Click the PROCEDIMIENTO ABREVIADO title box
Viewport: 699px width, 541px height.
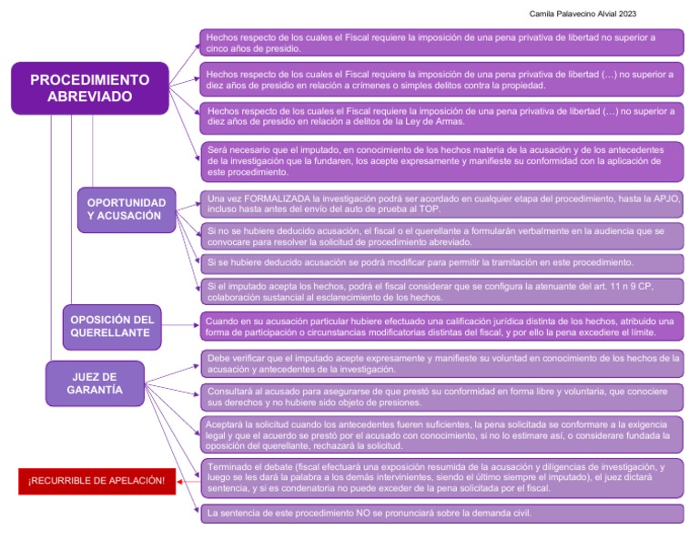pos(89,87)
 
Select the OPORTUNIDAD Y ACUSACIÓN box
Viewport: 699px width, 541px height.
pos(127,209)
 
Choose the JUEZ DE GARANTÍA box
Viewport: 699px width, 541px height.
pos(95,383)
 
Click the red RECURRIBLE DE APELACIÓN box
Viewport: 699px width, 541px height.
pos(96,480)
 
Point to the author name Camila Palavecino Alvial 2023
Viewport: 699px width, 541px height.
pos(582,14)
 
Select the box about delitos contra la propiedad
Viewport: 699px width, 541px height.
pos(441,80)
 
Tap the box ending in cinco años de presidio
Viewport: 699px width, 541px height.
pos(441,42)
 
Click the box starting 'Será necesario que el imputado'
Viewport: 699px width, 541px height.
pos(441,160)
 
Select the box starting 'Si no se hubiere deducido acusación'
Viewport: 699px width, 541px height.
pos(441,237)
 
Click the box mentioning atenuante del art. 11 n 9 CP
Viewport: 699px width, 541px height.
pos(441,291)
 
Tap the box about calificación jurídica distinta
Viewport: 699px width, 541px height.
pos(441,327)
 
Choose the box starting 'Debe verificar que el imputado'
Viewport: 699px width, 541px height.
pos(441,363)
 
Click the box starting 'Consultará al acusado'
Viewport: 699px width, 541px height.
pos(441,396)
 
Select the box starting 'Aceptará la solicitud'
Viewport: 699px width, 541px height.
pos(441,435)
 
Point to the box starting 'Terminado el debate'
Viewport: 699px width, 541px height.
pos(441,477)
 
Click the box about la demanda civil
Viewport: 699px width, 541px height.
pos(441,513)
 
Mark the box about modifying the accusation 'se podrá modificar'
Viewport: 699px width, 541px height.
pos(441,263)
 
